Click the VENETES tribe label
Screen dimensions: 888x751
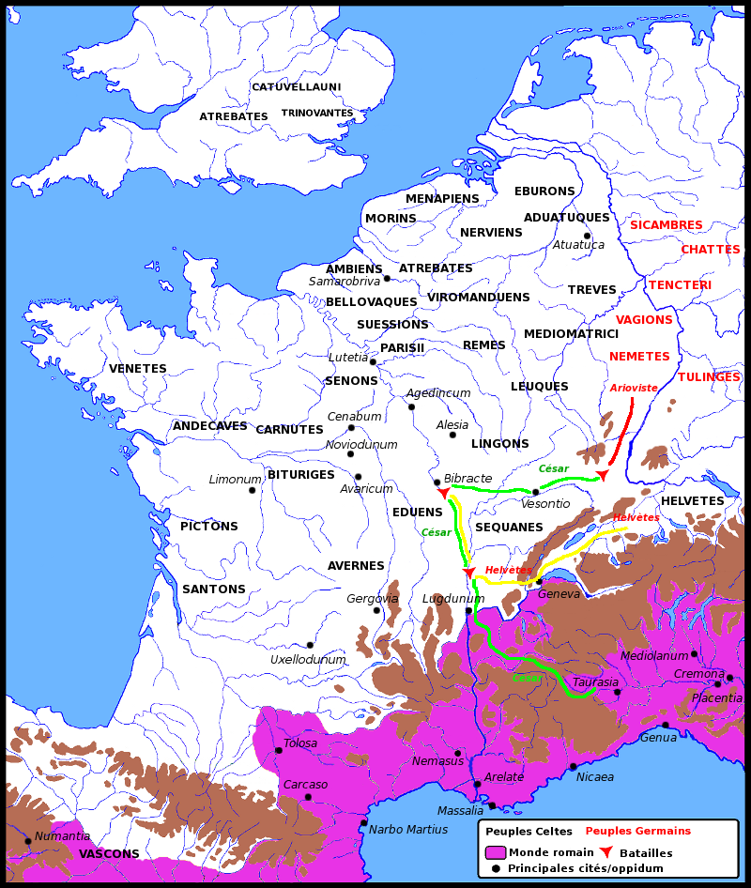137,369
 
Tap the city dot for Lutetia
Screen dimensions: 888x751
373,361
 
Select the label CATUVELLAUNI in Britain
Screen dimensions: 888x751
296,87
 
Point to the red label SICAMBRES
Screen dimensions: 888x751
666,225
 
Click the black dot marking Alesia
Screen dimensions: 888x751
452,435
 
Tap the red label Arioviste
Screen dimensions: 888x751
633,388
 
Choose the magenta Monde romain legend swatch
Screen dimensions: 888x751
496,852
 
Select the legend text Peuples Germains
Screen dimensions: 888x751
637,831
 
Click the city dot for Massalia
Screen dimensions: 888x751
491,805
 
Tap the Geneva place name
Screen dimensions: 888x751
559,594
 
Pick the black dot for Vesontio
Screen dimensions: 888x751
535,492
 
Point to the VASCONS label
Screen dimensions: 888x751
109,854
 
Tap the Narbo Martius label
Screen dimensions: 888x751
408,829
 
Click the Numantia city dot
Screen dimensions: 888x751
27,840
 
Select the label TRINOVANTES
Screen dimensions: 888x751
316,113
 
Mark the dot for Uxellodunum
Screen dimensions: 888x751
310,645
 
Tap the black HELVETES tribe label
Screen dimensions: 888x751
692,501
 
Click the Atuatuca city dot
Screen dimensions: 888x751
587,236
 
